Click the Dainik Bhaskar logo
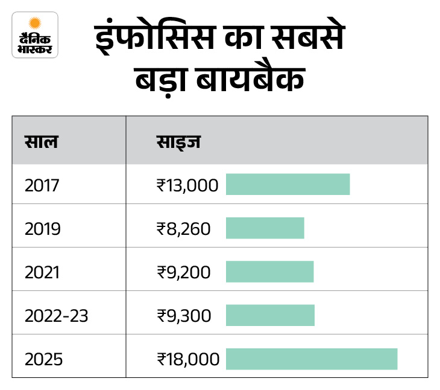tap(35, 35)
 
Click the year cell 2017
tap(42, 185)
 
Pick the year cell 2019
tap(42, 229)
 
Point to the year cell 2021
tap(42, 272)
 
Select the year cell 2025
tap(43, 359)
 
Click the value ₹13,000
tap(187, 185)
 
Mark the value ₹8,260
tap(183, 229)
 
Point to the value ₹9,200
tap(183, 272)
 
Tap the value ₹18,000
tap(187, 359)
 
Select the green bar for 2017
tap(288, 185)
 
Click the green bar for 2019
tap(265, 228)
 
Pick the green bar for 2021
tap(269, 272)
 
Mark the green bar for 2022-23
tap(270, 315)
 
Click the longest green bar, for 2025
tap(312, 359)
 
